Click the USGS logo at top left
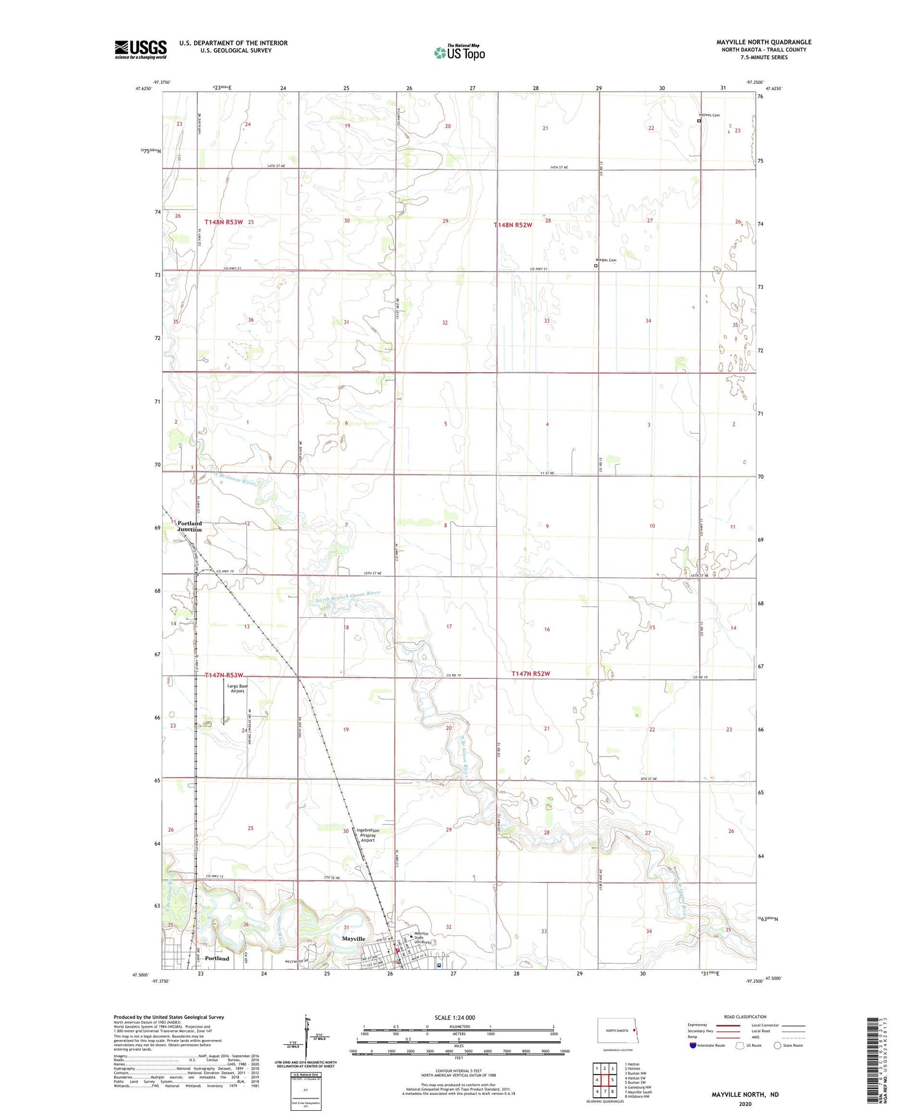[140, 49]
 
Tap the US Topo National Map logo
[460, 52]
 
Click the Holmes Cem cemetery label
[709, 115]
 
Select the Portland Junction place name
[189, 526]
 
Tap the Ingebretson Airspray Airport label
[368, 835]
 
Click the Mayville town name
[354, 938]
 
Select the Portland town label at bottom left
[217, 958]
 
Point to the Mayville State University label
[425, 938]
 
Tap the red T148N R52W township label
[513, 225]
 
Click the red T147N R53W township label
[224, 675]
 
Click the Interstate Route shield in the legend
[693, 1046]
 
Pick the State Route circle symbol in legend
[777, 1046]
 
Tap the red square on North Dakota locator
[634, 1029]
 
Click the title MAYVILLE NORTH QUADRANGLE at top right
[764, 42]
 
